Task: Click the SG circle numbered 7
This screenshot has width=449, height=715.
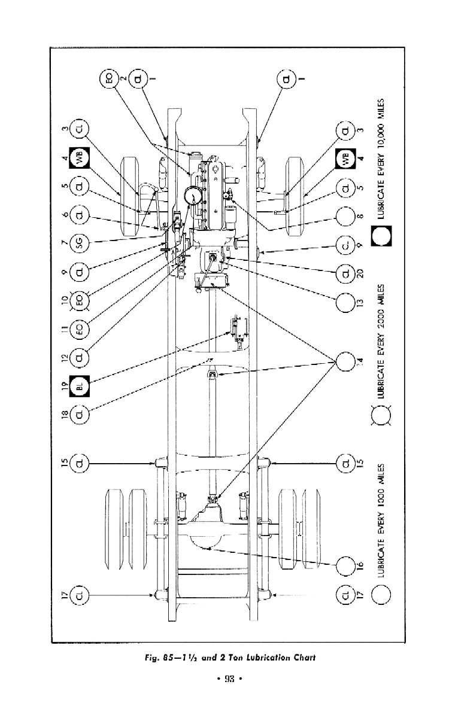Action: click(80, 244)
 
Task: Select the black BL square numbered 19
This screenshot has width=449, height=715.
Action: click(80, 385)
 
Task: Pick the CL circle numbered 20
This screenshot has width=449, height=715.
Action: click(346, 273)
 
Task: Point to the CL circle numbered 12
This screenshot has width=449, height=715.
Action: click(80, 358)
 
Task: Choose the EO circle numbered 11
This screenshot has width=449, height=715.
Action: click(80, 330)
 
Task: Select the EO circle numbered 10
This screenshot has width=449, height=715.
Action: click(80, 302)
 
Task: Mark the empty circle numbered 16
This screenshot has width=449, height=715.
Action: click(346, 565)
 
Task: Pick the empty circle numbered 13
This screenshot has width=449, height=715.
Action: click(346, 303)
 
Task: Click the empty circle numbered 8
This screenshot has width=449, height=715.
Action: click(346, 216)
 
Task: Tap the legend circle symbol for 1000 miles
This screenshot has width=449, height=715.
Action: click(381, 594)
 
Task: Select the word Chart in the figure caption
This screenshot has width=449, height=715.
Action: click(301, 658)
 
